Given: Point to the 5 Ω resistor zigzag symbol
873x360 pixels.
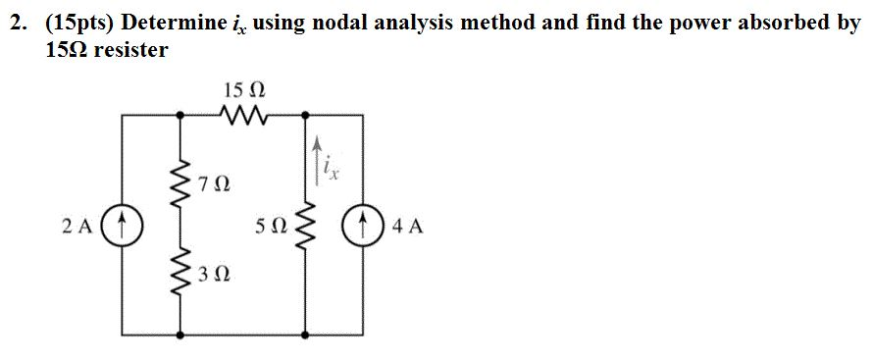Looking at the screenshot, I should point(305,228).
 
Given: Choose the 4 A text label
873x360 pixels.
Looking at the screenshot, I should point(408,227).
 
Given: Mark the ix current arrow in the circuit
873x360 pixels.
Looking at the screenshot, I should point(316,157).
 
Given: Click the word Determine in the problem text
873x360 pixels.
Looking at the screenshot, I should point(180,23).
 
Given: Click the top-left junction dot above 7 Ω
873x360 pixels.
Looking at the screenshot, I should point(179,117).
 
